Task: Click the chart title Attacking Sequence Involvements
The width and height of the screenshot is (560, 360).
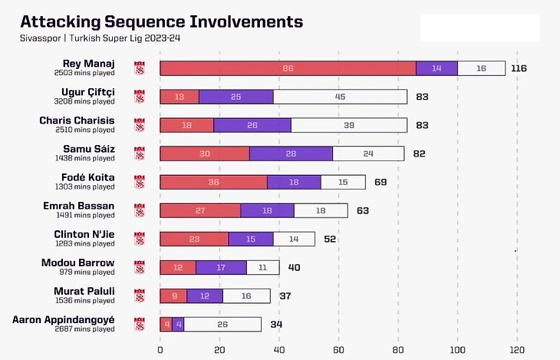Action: [161, 21]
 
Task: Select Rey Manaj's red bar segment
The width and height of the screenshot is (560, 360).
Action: [288, 68]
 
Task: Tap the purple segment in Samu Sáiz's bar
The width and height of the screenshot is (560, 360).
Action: [291, 154]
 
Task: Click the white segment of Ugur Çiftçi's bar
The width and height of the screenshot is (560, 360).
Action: [340, 97]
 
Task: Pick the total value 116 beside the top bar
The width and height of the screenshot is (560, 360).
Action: [519, 68]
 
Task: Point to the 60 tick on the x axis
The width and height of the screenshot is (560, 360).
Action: [339, 350]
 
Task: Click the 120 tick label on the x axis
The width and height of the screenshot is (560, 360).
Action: [518, 350]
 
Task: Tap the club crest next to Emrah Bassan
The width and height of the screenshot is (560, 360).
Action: [140, 210]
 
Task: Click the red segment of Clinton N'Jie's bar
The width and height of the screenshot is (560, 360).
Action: [194, 239]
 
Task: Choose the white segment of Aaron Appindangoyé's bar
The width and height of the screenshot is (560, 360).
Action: [222, 324]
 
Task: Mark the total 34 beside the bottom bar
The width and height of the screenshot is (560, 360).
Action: [276, 324]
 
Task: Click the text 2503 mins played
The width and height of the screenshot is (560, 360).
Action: [84, 73]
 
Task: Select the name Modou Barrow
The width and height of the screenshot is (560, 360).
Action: [78, 263]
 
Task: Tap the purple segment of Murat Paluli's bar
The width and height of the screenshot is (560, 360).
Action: [205, 296]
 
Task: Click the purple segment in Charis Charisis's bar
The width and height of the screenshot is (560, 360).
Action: [252, 125]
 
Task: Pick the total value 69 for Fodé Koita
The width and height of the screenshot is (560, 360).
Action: [380, 182]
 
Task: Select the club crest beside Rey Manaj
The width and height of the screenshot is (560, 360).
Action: [140, 68]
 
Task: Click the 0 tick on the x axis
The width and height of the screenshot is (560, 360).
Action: [160, 350]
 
